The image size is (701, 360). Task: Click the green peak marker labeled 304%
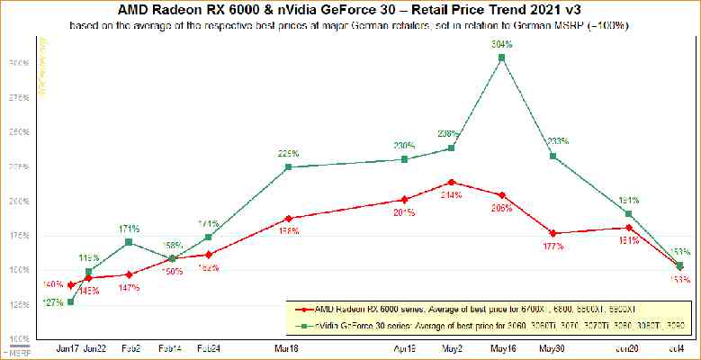502,58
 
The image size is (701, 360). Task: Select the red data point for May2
451,182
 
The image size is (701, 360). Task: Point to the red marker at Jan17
71,284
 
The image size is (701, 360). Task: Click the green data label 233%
558,141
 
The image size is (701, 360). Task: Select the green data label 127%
53,302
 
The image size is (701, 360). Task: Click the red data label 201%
404,212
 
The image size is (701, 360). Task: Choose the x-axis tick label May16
502,347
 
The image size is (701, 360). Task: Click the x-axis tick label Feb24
208,347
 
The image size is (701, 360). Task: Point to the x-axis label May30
553,347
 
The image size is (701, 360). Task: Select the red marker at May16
502,194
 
